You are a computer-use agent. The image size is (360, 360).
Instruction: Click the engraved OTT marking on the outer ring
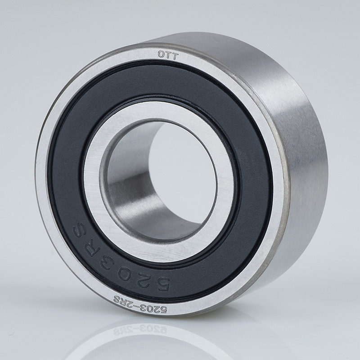click(168, 55)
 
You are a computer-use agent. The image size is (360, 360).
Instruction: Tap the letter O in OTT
click(161, 54)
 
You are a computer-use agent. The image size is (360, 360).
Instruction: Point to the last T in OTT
click(175, 56)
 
